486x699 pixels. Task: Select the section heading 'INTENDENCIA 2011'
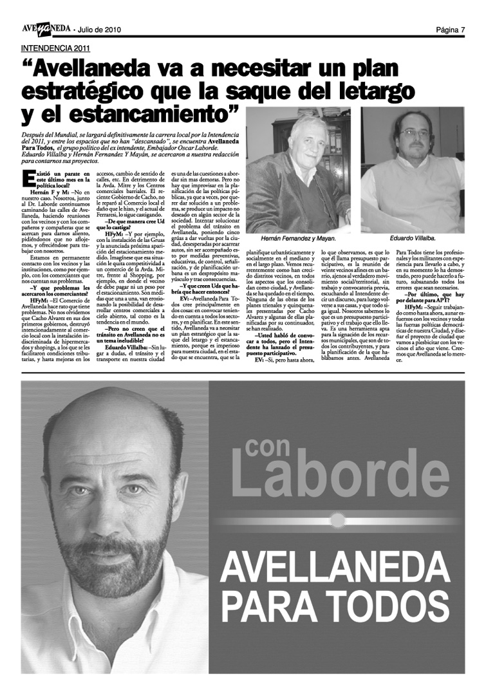point(55,48)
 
